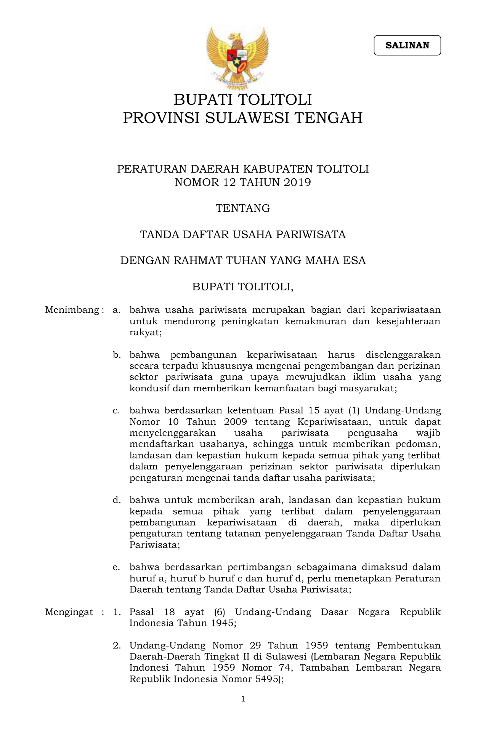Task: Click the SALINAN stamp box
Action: pos(407,45)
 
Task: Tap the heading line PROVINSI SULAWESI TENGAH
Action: pos(243,118)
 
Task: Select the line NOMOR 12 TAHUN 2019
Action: pos(243,183)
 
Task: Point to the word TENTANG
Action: pos(243,208)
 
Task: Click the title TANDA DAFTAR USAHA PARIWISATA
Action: pos(243,234)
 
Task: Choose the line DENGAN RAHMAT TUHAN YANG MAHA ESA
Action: pos(243,261)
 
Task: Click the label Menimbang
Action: pos(72,310)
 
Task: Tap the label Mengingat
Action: pos(69,612)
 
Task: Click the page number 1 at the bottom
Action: pos(243,699)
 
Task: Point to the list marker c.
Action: pos(116,411)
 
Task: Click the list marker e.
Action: pos(116,567)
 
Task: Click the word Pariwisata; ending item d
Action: pos(154,544)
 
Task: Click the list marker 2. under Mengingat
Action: pos(117,645)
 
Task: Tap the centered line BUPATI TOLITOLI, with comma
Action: pos(243,287)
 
